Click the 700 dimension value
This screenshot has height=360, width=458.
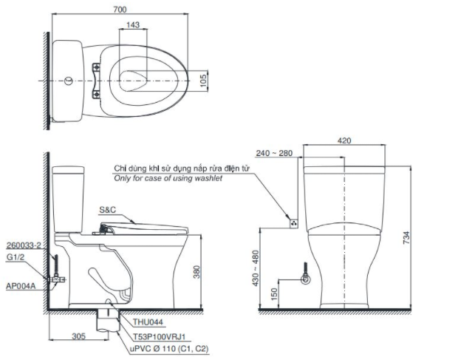coord(120,10)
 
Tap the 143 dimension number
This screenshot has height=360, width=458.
coord(133,25)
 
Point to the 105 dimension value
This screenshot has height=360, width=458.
coord(203,81)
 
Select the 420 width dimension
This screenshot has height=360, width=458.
coord(344,140)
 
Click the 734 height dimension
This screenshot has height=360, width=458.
coord(406,238)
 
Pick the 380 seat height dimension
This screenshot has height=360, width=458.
coord(196,272)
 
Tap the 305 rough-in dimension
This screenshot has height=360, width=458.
coord(78,336)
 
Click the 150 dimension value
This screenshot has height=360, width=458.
coord(273,294)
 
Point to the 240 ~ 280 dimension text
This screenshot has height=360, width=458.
coord(274,153)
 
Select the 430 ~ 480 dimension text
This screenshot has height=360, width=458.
coord(256,268)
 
